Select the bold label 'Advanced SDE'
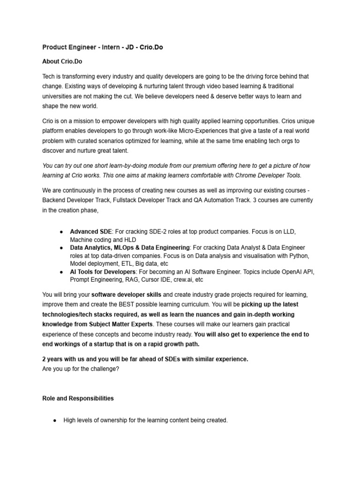click(x=91, y=232)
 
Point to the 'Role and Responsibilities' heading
click(x=78, y=398)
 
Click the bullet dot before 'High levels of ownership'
click(x=55, y=420)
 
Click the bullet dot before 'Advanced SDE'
click(x=62, y=232)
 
